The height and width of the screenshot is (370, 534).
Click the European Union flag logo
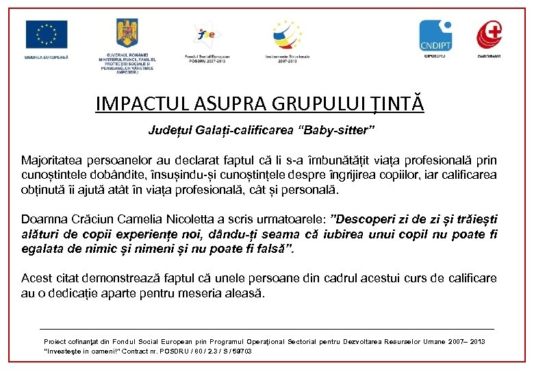(x=47, y=34)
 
